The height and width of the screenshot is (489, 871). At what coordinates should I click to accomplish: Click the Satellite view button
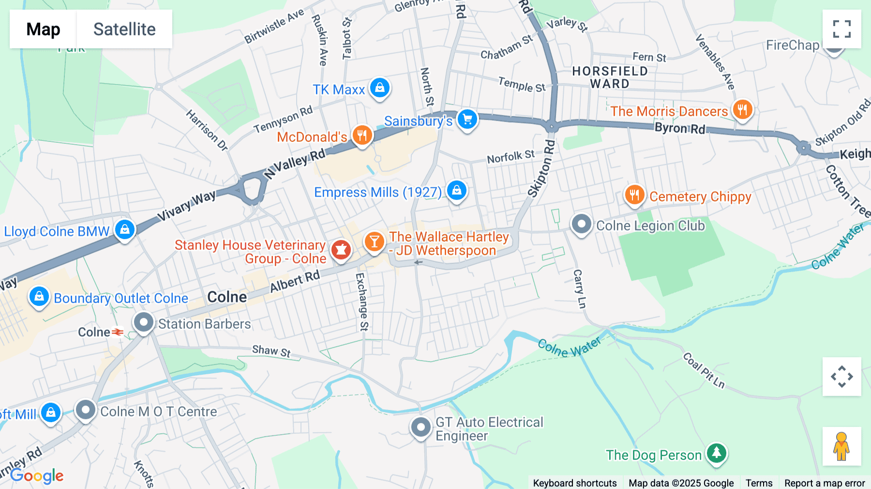point(124,29)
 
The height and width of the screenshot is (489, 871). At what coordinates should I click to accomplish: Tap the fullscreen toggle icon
point(841,29)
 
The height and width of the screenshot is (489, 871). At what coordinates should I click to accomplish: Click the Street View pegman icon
point(841,446)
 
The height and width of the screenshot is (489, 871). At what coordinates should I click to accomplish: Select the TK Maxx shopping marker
point(380,88)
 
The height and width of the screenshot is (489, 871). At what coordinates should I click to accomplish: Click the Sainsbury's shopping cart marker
point(467,119)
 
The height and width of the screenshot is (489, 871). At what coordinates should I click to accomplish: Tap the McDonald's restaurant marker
point(362,135)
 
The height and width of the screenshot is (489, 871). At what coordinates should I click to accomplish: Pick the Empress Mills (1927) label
point(377,193)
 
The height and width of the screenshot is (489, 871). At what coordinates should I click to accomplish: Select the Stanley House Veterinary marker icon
point(341,250)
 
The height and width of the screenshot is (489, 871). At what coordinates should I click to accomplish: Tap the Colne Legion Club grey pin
point(581,224)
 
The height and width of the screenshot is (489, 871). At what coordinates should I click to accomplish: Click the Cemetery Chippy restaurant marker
point(634,195)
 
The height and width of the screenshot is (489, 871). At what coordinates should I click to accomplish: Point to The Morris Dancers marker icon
point(742,109)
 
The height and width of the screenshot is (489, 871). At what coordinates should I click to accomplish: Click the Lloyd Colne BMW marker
point(125,229)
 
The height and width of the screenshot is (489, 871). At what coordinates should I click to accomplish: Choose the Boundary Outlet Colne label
point(121,298)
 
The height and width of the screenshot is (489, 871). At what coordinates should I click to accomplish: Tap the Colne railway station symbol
point(118,332)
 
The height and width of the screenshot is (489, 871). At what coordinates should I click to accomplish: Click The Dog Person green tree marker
point(717,453)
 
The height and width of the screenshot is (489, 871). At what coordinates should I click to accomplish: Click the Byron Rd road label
point(679,128)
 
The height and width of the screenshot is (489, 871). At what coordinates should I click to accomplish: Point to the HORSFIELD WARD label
point(610,77)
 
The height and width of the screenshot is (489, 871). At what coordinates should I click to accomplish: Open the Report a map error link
point(824,483)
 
